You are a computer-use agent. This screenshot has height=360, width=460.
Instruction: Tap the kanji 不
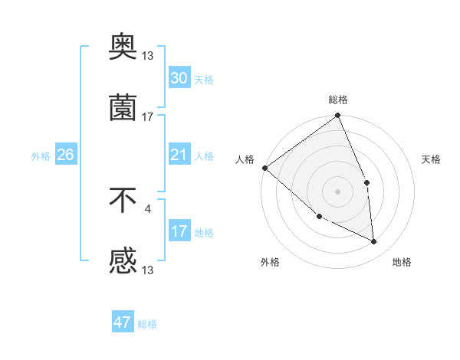[123, 201]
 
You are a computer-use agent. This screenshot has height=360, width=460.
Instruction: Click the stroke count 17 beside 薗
[148, 117]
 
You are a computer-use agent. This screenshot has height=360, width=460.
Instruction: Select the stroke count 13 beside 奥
[148, 56]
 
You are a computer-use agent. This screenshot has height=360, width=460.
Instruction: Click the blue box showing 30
[179, 78]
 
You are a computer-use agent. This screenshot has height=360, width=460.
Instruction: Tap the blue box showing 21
[179, 155]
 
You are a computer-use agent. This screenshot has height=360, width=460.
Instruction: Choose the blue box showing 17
[179, 231]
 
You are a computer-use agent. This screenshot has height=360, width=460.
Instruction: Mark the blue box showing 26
[65, 155]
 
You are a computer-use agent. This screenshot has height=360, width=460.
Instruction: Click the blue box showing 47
[123, 322]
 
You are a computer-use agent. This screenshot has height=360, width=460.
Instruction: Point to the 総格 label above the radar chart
[338, 100]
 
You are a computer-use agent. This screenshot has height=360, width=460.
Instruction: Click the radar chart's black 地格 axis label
[402, 262]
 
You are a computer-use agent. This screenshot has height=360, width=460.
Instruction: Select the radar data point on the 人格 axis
[264, 168]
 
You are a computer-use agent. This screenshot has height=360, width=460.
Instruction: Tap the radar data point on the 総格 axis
[338, 116]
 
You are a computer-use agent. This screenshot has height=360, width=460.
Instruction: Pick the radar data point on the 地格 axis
[374, 241]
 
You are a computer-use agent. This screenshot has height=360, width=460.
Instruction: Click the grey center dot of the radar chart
[337, 191]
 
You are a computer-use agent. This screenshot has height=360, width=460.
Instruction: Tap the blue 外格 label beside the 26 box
[41, 155]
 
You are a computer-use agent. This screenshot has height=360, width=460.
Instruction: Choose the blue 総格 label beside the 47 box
[147, 324]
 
